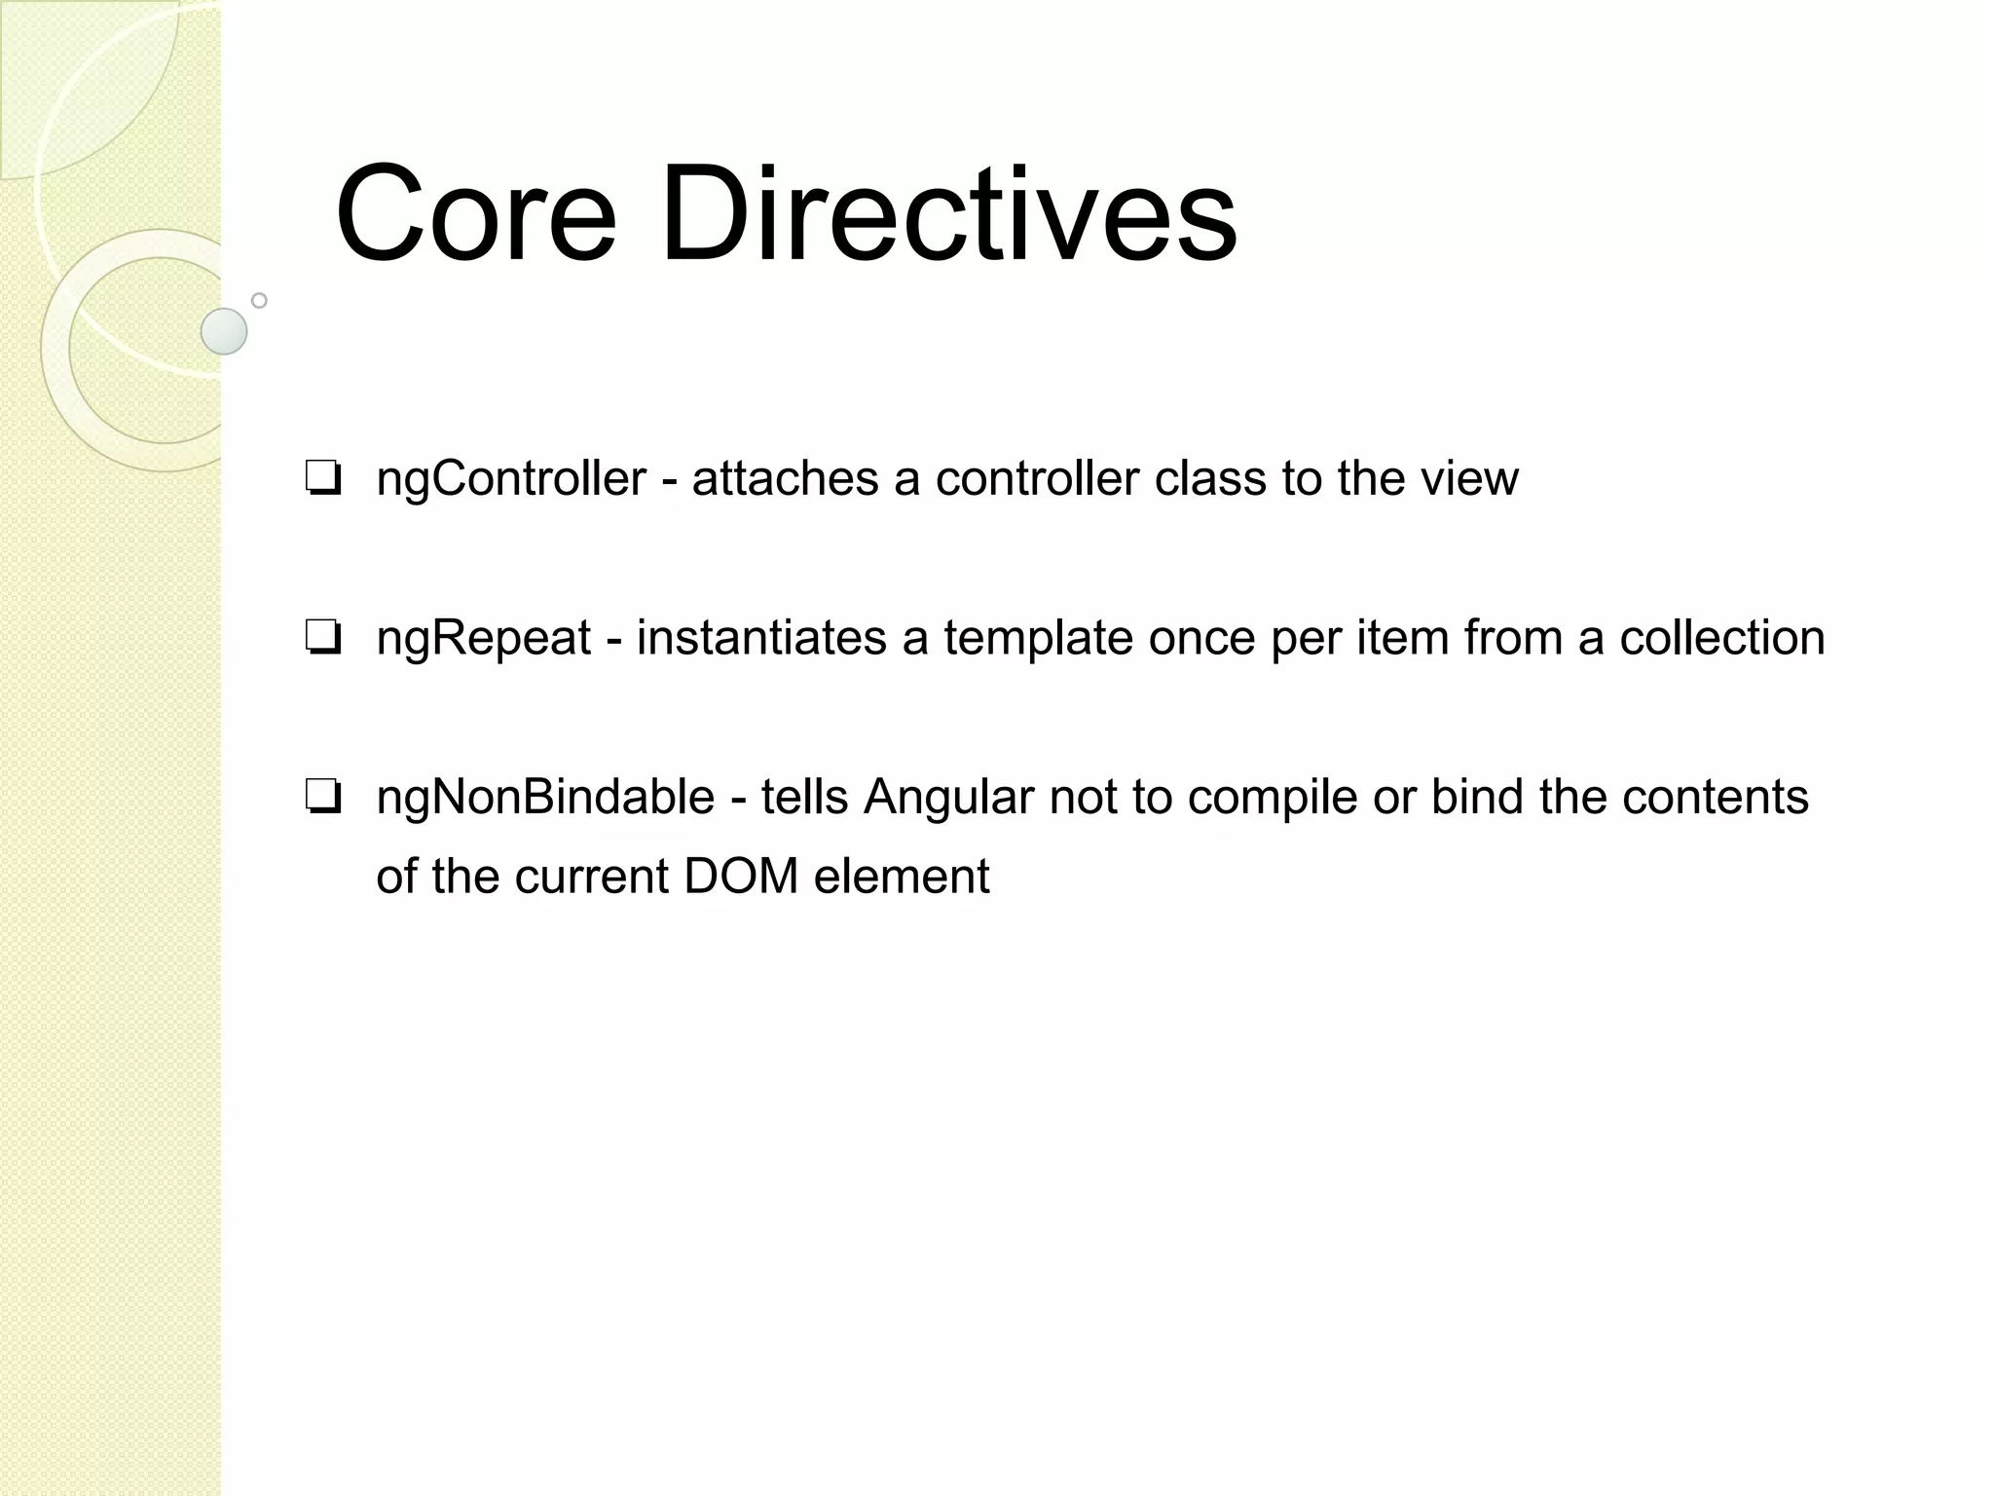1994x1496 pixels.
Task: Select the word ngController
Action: coord(511,478)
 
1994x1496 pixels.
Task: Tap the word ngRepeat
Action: coord(484,639)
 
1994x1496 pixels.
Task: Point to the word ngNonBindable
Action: coord(545,798)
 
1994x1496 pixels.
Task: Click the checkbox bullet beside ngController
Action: coord(322,480)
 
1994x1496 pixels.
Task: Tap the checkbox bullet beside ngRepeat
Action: coord(322,640)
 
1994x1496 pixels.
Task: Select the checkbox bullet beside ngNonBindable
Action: coord(322,799)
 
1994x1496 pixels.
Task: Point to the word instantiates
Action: coord(761,639)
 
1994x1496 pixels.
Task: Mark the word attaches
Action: coord(785,478)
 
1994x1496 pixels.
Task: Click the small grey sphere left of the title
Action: coord(224,331)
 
